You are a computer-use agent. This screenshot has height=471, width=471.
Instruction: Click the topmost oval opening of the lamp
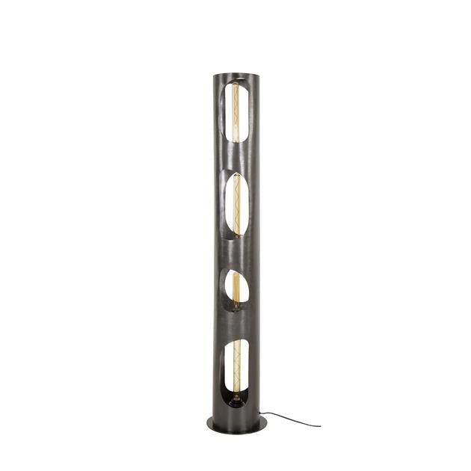click(235, 112)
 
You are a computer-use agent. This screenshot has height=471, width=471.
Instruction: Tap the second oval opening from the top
click(235, 204)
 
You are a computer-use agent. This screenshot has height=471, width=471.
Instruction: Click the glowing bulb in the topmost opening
click(235, 112)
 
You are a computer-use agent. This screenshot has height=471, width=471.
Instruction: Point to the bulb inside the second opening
click(238, 203)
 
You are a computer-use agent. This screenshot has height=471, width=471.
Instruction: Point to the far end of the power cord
click(319, 425)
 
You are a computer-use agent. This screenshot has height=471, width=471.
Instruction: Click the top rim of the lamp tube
click(233, 74)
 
